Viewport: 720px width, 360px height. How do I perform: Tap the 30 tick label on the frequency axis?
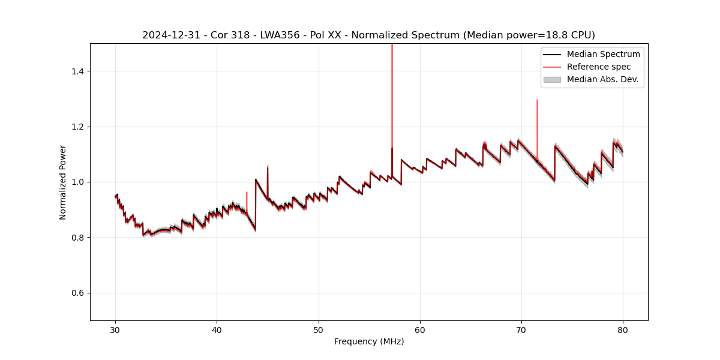115,329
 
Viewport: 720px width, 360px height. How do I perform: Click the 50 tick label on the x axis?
319,329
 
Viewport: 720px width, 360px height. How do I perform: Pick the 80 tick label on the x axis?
623,329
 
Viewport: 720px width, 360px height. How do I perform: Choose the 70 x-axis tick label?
521,329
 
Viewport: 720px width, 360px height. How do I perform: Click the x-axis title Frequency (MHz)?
369,341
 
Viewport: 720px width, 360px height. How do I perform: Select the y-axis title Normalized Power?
63,182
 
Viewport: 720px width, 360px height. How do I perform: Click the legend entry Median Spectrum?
603,54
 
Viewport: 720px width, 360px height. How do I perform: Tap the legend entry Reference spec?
599,67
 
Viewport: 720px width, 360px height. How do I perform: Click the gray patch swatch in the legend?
552,79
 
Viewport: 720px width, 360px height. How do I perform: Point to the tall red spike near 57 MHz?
392,90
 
